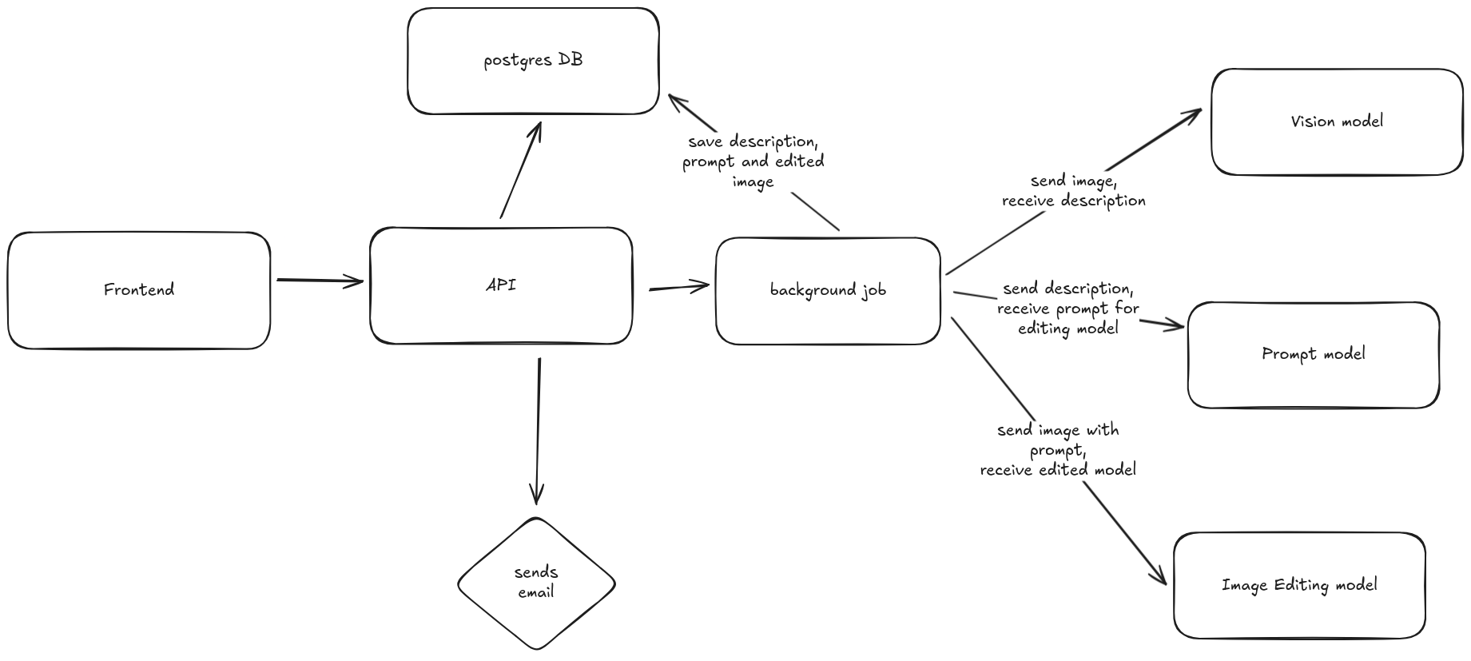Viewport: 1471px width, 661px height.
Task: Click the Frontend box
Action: click(x=138, y=290)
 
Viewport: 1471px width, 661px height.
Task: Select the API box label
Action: click(x=501, y=285)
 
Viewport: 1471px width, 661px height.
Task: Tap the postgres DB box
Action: click(x=533, y=61)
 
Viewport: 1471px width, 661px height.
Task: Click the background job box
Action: click(x=828, y=290)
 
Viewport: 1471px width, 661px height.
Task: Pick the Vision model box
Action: click(x=1337, y=121)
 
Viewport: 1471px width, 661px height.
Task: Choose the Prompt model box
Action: click(x=1313, y=354)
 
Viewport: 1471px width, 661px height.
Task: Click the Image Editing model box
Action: click(x=1299, y=585)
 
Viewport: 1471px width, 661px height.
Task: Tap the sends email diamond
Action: click(x=536, y=583)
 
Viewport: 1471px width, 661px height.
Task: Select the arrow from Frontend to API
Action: click(x=320, y=281)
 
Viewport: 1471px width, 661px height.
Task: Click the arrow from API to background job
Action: click(x=679, y=287)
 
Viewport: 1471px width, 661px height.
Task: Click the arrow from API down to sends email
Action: click(x=538, y=432)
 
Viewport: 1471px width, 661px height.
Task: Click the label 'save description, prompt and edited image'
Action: click(x=753, y=161)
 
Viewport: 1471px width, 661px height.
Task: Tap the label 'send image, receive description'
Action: click(x=1073, y=191)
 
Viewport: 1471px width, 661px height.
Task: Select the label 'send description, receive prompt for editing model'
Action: click(x=1067, y=308)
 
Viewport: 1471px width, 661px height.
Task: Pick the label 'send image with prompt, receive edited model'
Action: click(x=1058, y=450)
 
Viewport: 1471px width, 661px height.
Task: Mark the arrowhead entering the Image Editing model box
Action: click(x=1159, y=576)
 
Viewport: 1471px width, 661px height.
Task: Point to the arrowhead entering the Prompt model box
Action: click(x=1175, y=325)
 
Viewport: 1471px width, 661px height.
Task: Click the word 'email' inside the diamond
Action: click(x=535, y=593)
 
